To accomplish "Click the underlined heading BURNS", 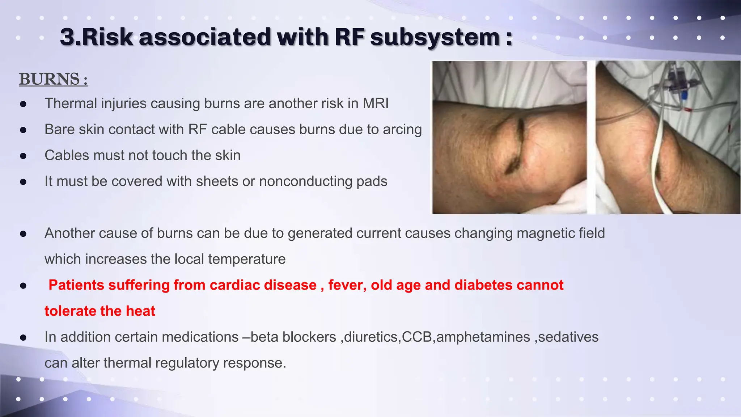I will (x=53, y=79).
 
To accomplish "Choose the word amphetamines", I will (x=483, y=337).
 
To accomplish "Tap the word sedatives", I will (x=568, y=337).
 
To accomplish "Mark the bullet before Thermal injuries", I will (x=24, y=104).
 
